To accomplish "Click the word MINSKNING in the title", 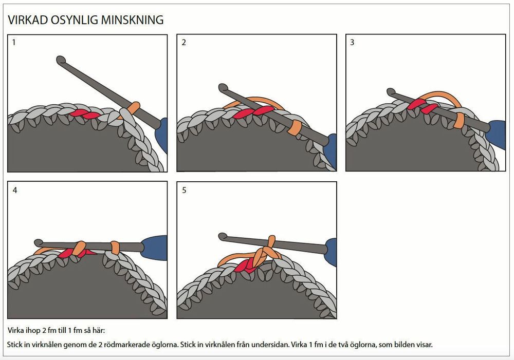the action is click(x=133, y=20).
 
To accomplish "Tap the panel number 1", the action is click(x=14, y=42).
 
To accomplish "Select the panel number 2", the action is click(x=183, y=42).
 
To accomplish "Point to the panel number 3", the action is click(x=352, y=42).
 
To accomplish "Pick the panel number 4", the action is click(x=15, y=191).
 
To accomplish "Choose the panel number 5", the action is click(x=184, y=191).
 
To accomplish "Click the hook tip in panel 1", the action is click(x=61, y=60).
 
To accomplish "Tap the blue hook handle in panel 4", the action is click(x=154, y=248).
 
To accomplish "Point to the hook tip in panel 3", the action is click(x=391, y=92).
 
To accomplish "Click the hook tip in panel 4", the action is click(x=39, y=243).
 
